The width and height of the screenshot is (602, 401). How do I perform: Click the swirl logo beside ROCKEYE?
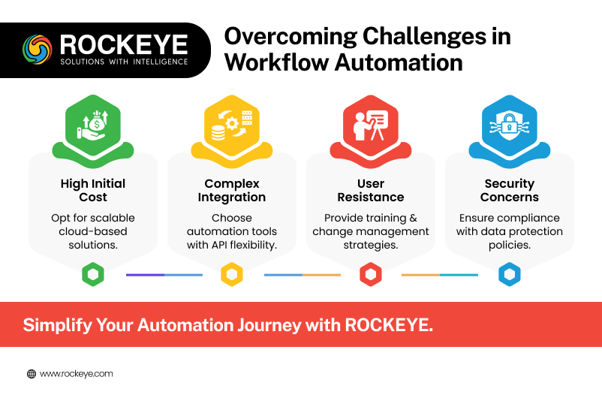tap(38, 50)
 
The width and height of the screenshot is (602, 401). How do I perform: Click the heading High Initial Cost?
tap(93, 190)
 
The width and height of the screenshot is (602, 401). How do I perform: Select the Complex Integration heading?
tap(232, 190)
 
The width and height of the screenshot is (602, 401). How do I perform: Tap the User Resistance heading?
tap(371, 190)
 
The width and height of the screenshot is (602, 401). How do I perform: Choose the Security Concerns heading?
tap(510, 190)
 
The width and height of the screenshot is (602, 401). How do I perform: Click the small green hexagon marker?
tap(93, 274)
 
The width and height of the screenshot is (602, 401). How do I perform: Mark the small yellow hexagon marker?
tap(232, 274)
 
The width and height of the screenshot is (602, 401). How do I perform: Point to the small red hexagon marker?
tap(371, 274)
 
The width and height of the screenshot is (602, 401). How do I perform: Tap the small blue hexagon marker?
tap(510, 274)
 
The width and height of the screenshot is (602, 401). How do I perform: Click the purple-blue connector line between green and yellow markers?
tap(164, 275)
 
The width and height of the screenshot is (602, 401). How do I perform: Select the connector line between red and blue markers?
tap(440, 275)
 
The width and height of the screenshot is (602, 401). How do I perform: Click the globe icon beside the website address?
tap(32, 374)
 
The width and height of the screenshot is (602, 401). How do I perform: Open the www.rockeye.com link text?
tap(77, 374)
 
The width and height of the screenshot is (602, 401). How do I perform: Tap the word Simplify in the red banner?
tap(58, 325)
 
